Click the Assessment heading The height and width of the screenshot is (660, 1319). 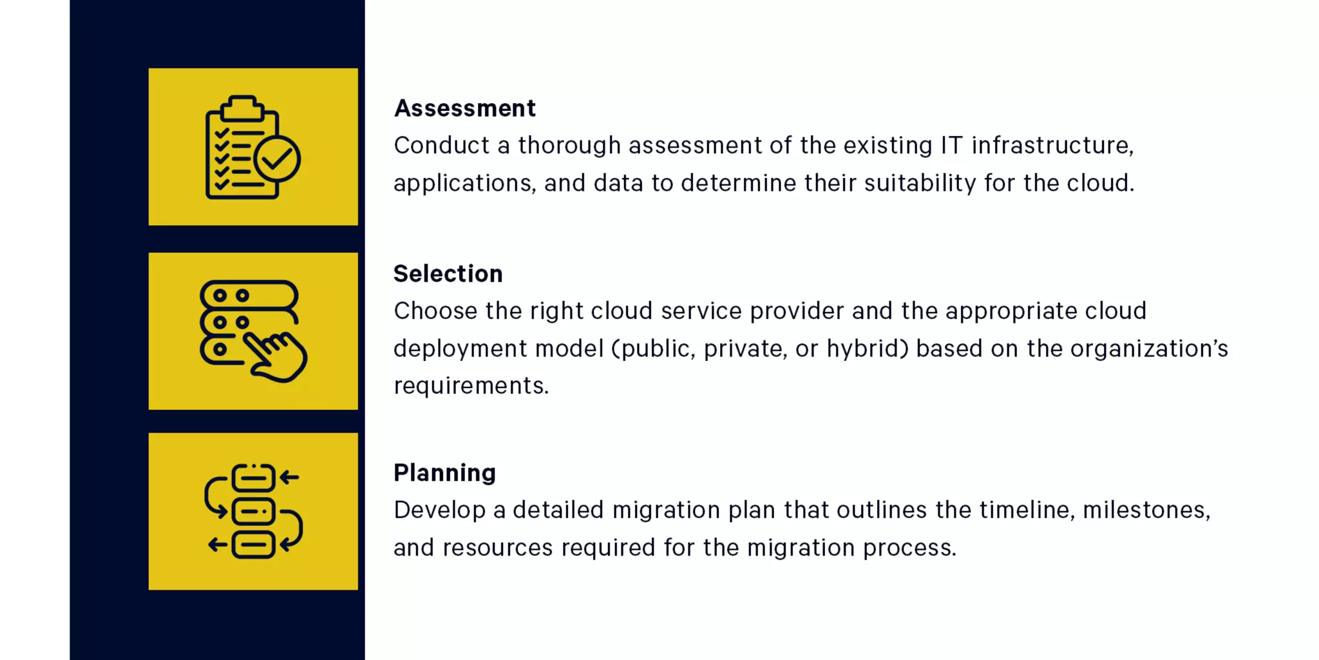464,108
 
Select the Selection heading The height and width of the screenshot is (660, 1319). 448,274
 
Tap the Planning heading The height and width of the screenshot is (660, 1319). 444,473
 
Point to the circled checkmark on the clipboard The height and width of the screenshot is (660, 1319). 278,158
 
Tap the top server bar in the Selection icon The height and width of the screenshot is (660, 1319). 249,295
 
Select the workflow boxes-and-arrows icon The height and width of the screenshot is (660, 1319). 253,511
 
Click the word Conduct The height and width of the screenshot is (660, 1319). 441,146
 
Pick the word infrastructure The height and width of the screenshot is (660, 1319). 1052,146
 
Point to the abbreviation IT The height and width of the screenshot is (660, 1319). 951,146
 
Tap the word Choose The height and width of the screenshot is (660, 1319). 435,311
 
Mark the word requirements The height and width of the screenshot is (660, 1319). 470,386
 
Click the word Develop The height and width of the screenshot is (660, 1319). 439,510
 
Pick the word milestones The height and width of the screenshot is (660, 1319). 1146,510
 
